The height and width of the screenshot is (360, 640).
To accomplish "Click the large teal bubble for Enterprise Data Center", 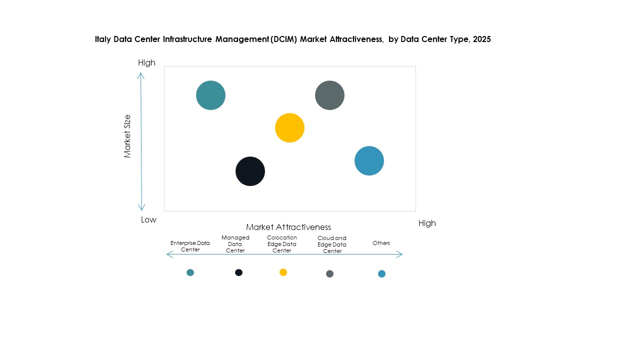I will pos(210,95).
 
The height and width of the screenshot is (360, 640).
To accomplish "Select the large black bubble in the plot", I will pos(250,171).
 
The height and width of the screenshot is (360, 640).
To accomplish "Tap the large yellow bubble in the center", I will pos(289,128).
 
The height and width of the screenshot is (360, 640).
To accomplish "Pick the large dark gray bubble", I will pos(329,95).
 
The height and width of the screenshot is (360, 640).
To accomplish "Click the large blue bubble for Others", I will pos(369,161).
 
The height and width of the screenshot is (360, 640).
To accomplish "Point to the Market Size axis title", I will pos(127,136).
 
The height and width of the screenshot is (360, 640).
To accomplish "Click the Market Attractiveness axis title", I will pos(288,227).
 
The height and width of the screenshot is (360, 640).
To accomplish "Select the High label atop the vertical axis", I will pos(146,62).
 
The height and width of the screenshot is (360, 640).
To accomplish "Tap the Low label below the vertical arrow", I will pos(148,219).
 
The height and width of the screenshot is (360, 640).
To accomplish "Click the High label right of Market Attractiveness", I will pos(427,223).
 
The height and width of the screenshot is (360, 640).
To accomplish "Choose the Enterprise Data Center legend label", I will pos(190,246).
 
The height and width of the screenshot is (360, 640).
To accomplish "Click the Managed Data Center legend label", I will pos(235,244).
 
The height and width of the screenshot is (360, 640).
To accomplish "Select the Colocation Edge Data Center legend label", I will pos(281,244).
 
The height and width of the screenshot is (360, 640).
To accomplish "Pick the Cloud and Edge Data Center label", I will pos(332,244).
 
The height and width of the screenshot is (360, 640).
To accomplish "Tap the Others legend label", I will pos(381,243).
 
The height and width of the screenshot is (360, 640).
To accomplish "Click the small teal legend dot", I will pos(190,272).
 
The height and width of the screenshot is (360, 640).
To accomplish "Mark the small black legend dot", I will pos(238,272).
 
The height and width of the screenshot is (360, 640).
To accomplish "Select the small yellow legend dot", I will pos(283,272).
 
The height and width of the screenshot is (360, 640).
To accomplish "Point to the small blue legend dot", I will pos(381,273).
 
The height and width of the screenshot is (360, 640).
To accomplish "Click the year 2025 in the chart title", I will pos(481,39).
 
